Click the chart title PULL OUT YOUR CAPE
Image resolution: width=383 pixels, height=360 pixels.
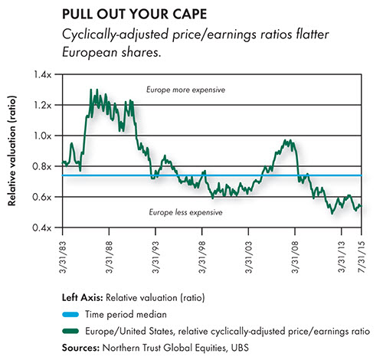click(x=134, y=15)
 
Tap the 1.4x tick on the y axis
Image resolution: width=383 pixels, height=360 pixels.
click(x=43, y=74)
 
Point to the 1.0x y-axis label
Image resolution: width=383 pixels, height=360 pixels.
click(x=43, y=136)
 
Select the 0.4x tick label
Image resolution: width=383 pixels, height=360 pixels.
click(x=42, y=227)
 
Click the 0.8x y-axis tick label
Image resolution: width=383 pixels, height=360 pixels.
click(x=42, y=166)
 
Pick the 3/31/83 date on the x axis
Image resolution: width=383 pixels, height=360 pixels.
click(x=63, y=257)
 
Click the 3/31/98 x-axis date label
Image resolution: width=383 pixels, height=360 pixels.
click(x=202, y=257)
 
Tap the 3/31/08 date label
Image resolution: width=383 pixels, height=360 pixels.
click(x=295, y=257)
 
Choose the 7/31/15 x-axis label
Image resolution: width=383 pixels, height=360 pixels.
click(x=362, y=257)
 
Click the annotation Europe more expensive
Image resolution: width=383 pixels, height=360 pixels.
click(x=185, y=90)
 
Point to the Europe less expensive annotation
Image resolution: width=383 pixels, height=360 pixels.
click(x=185, y=212)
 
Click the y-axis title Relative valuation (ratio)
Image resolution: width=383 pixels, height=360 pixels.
click(x=11, y=151)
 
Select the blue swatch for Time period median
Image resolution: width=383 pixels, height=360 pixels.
click(x=70, y=314)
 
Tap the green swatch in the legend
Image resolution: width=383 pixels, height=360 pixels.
click(x=70, y=331)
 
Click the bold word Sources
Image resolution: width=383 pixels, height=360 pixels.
click(x=80, y=348)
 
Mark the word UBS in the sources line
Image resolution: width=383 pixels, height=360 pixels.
click(x=240, y=348)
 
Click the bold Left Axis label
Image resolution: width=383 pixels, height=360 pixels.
click(x=83, y=298)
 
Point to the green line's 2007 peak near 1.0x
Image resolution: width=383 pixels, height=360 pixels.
click(x=285, y=140)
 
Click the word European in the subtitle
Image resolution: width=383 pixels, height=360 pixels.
click(x=90, y=53)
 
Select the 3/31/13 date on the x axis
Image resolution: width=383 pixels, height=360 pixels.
click(x=342, y=257)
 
